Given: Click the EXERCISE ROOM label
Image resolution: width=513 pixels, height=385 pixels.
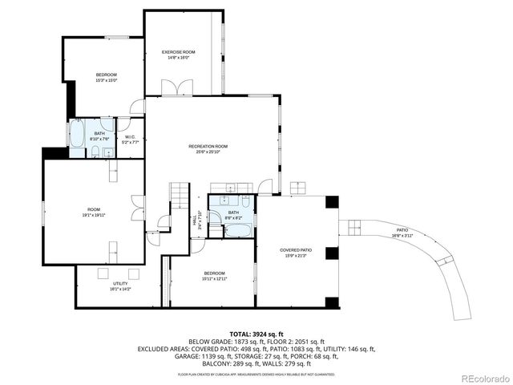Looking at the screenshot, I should [x=179, y=51].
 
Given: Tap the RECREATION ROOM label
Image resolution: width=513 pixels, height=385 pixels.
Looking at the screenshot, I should [x=208, y=146].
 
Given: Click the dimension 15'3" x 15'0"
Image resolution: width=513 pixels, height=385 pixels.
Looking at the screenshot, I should [x=107, y=80].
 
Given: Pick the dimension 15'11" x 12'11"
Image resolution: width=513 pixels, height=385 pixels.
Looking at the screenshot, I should [x=214, y=278].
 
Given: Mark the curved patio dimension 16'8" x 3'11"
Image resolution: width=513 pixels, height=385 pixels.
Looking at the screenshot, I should [x=403, y=236].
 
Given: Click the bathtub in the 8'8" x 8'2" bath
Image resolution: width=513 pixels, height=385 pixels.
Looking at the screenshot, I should [x=237, y=230].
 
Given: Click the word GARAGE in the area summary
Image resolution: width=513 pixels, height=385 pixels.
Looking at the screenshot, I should [x=188, y=355].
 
